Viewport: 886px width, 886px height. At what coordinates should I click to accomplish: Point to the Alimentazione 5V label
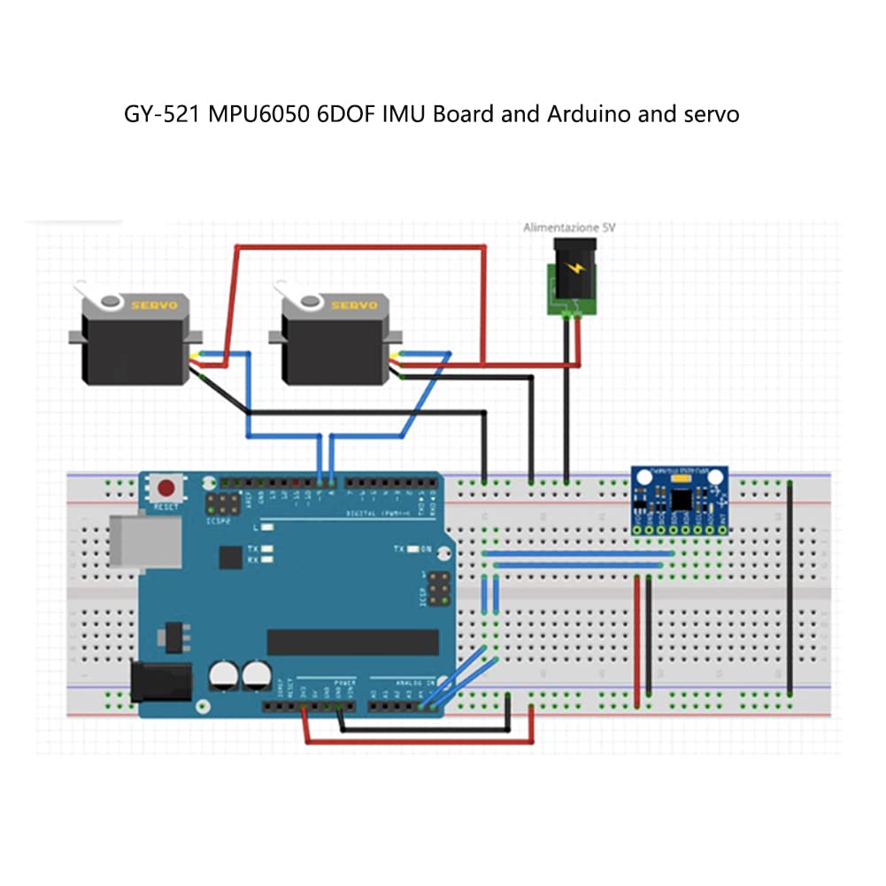[568, 227]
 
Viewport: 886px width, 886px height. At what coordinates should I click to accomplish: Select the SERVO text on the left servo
[155, 305]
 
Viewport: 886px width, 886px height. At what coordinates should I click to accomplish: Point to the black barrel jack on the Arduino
[160, 682]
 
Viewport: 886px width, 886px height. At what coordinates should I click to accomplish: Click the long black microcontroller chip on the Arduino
[352, 643]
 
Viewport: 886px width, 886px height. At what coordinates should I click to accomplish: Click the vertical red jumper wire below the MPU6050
[637, 642]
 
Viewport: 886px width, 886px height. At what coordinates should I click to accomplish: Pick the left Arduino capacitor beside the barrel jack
[224, 677]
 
